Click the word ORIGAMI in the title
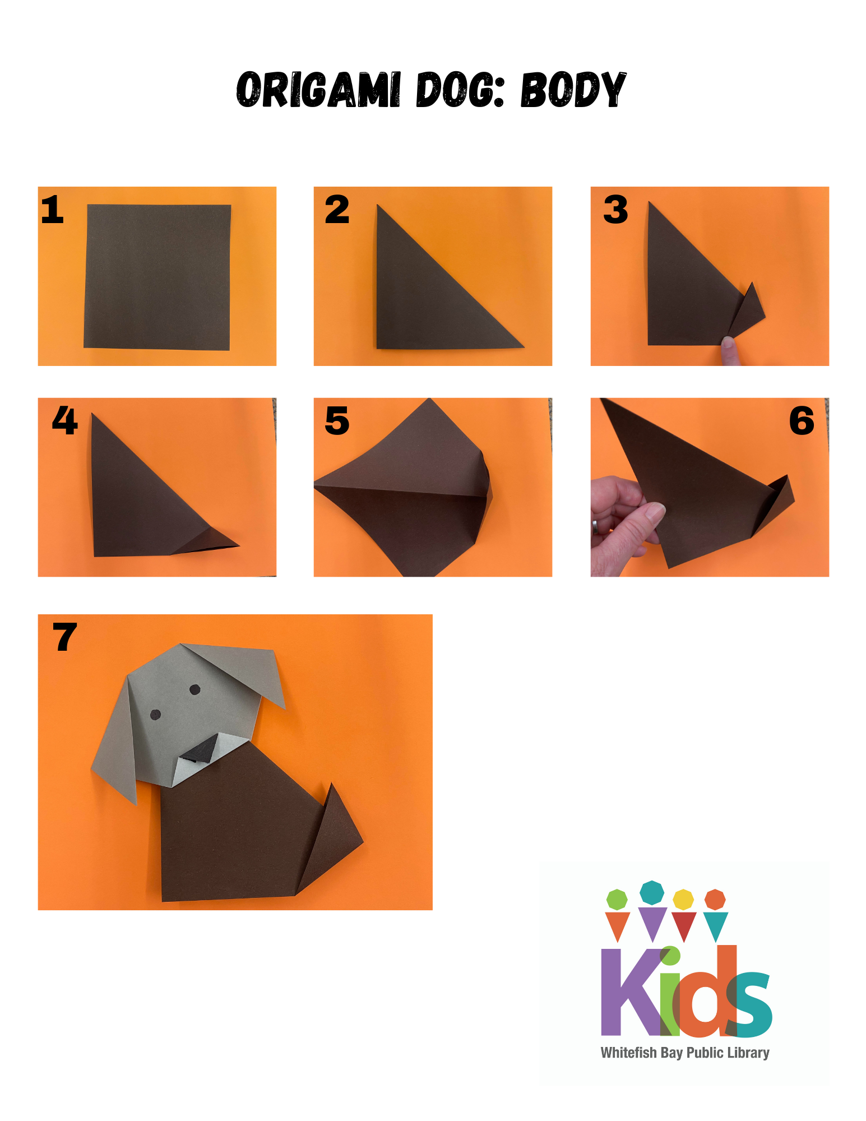click(x=318, y=90)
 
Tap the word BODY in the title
click(x=573, y=90)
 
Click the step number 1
click(x=53, y=210)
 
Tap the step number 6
click(x=802, y=421)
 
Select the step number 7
click(x=64, y=637)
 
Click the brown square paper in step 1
click(x=158, y=277)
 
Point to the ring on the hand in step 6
click(x=595, y=526)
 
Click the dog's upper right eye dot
click(x=195, y=689)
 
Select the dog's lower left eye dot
click(x=156, y=714)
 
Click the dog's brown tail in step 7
click(x=334, y=835)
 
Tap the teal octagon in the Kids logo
click(x=652, y=892)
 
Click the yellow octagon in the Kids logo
click(x=683, y=899)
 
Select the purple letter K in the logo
click(x=628, y=992)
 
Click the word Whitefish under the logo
click(x=628, y=1053)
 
